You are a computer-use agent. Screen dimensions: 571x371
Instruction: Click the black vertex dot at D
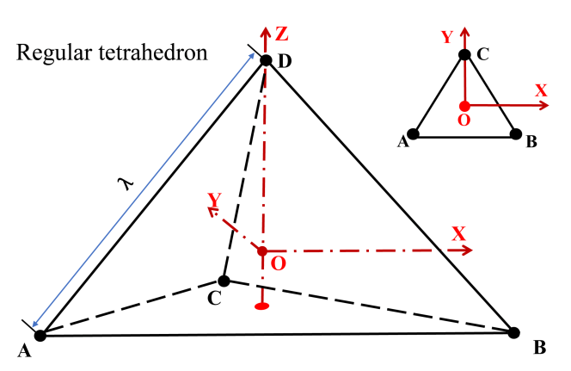pos(266,61)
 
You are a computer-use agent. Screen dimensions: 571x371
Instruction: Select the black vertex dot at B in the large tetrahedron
pos(514,332)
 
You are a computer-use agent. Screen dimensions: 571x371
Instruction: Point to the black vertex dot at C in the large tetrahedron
pos(224,281)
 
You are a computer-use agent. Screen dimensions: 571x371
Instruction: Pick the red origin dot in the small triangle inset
pos(464,106)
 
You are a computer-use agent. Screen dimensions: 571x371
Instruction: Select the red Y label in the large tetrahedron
pos(214,200)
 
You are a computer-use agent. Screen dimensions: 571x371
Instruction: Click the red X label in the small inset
pos(541,90)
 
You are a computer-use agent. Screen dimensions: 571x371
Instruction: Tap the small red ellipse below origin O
pos(264,306)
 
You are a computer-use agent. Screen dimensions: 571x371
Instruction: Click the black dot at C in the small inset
pos(464,55)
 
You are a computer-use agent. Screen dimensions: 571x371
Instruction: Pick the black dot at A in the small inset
pos(414,133)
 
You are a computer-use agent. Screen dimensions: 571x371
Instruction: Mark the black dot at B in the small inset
pos(516,133)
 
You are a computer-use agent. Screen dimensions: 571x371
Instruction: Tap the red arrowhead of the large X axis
pos(465,250)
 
